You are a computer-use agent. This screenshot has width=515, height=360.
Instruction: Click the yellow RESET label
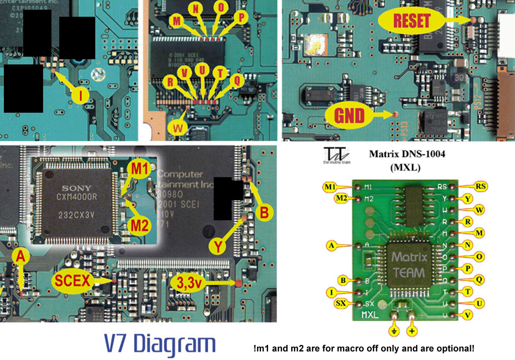click(x=412, y=21)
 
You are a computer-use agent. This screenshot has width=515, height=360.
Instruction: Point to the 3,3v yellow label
click(x=189, y=282)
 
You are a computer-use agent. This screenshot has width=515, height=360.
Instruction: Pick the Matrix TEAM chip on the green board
click(x=409, y=265)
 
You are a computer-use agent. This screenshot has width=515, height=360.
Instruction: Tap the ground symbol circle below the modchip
click(x=394, y=331)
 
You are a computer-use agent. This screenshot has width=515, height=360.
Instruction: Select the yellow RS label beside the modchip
click(x=481, y=187)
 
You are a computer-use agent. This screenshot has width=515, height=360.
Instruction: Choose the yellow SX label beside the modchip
click(x=339, y=303)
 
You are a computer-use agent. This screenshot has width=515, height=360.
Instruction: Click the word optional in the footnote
click(x=455, y=348)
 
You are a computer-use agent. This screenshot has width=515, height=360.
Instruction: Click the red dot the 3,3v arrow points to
click(x=237, y=283)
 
